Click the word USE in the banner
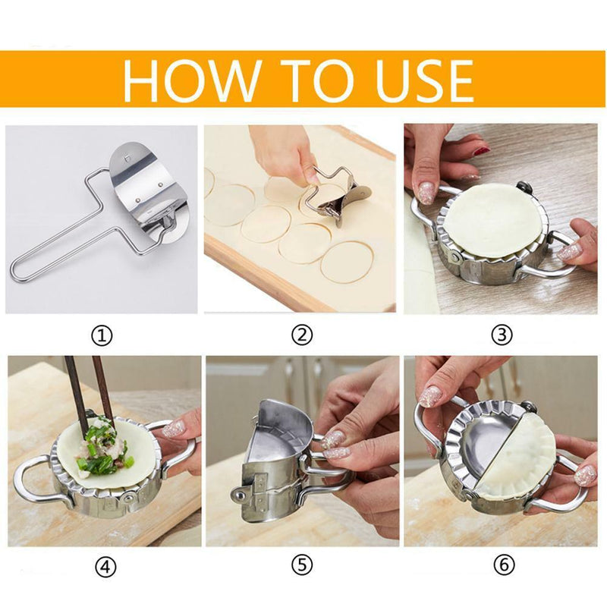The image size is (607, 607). coord(410,79)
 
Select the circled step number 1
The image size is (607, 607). coord(104,334)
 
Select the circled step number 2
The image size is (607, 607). coord(303,334)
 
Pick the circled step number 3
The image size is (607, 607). coord(502,334)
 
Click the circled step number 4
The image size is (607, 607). coord(104,566)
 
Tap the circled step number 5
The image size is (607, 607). coord(303,566)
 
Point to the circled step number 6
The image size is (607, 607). coord(502,566)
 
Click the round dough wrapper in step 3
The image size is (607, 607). coord(493,220)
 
